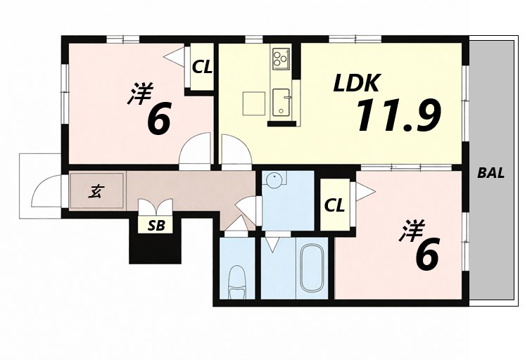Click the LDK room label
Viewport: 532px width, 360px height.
click(x=357, y=84)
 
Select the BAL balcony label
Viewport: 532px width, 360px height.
click(x=490, y=173)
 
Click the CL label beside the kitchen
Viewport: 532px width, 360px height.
click(x=202, y=67)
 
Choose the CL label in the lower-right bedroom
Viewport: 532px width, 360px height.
click(x=334, y=205)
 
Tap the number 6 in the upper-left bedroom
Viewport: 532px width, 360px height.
click(x=159, y=120)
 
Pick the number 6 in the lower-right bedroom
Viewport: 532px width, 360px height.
click(x=427, y=255)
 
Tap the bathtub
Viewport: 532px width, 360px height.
click(x=311, y=269)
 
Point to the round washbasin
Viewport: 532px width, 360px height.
click(x=273, y=179)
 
